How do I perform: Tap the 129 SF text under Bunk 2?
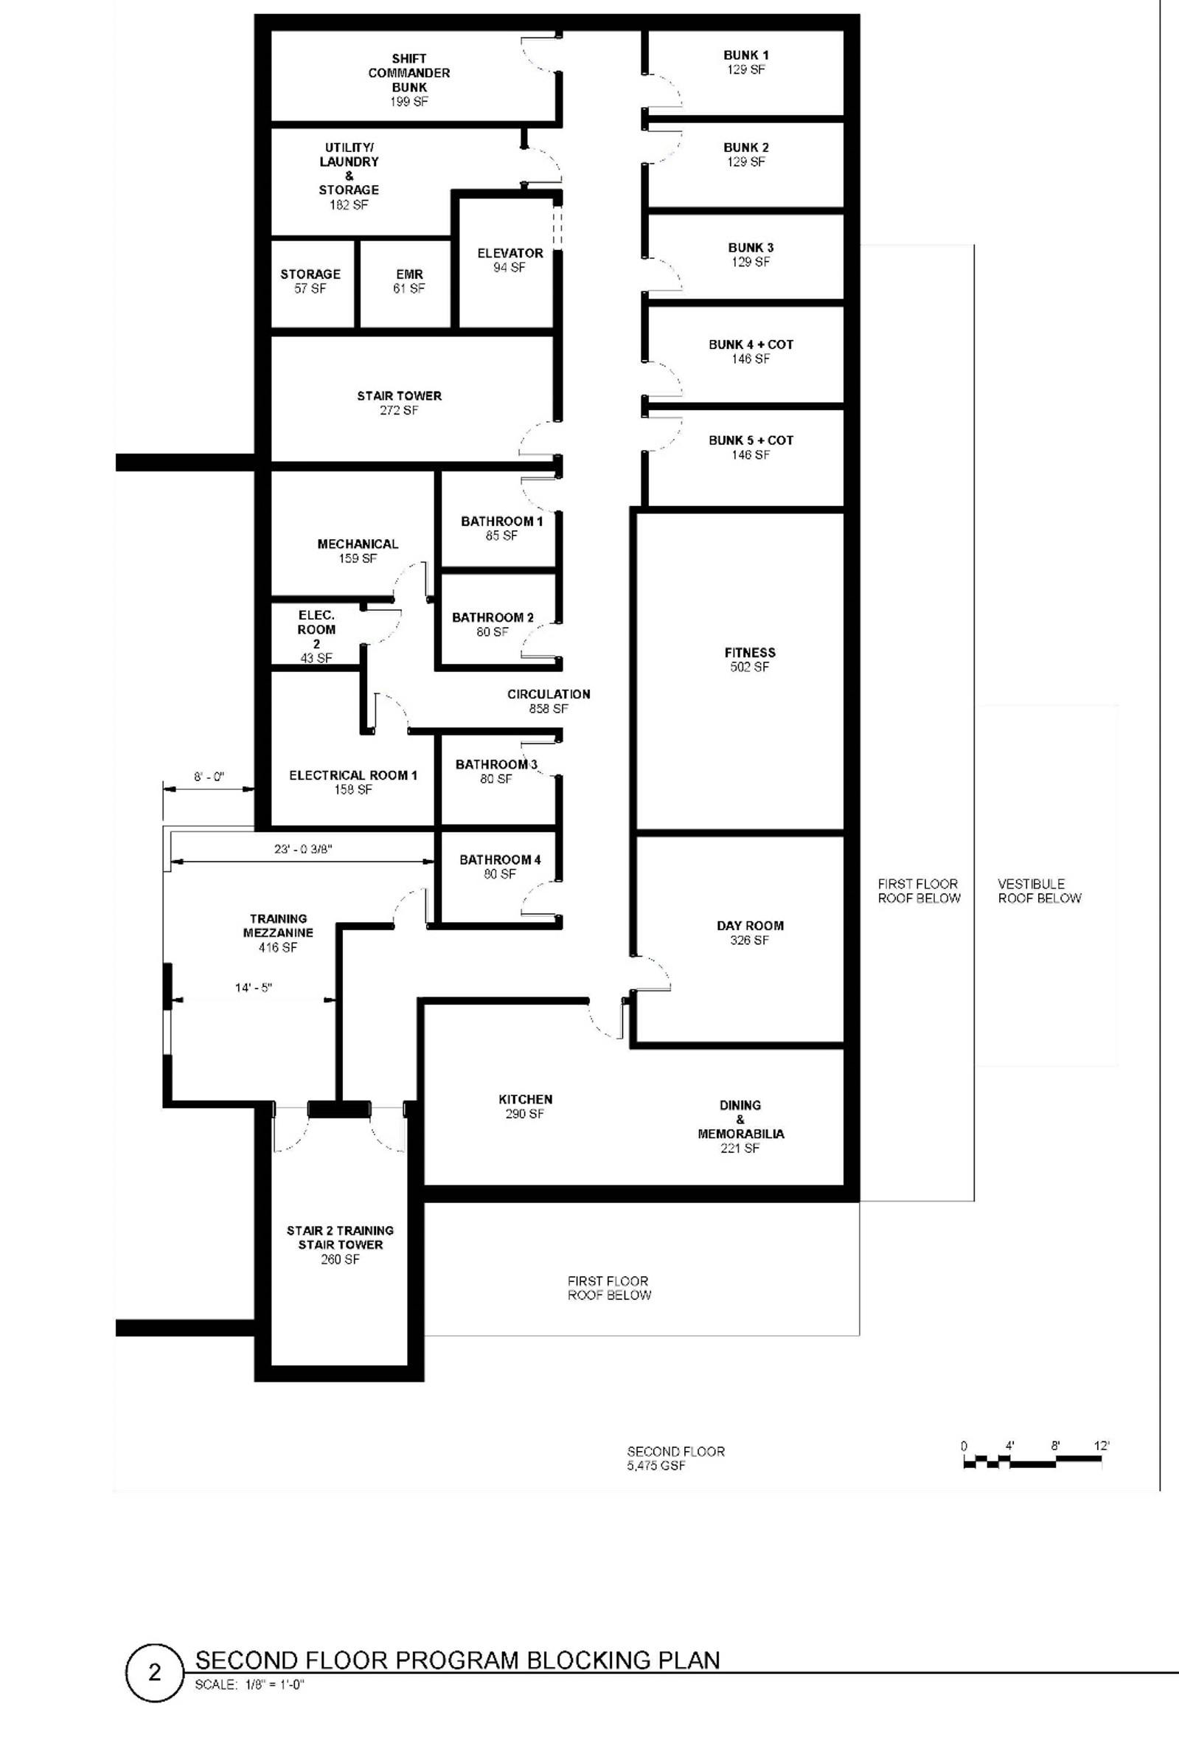click(746, 162)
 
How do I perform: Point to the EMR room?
click(409, 280)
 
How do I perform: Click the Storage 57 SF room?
click(310, 280)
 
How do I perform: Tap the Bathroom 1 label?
click(501, 522)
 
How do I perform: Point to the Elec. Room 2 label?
click(316, 630)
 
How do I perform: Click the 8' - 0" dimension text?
click(209, 777)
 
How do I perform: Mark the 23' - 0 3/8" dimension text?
click(303, 849)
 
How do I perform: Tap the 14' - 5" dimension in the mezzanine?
click(254, 988)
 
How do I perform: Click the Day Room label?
click(750, 926)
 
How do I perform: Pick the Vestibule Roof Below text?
click(1039, 890)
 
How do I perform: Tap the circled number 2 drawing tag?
click(154, 1673)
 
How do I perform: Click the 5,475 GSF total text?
click(656, 1466)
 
